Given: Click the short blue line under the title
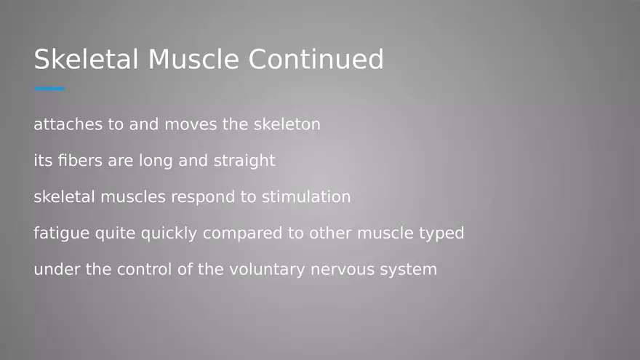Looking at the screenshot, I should (49, 89).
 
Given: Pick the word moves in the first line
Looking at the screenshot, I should (191, 124).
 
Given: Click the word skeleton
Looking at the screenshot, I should (287, 124).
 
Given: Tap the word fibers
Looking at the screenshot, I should (79, 161).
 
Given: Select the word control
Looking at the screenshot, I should (145, 270).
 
